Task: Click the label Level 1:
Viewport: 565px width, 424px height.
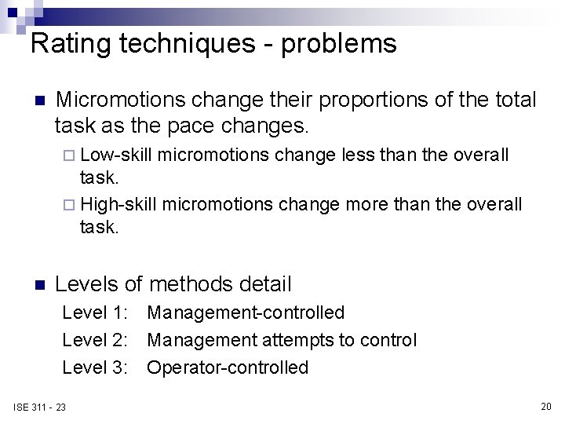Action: (95, 313)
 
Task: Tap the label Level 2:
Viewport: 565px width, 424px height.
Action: (95, 340)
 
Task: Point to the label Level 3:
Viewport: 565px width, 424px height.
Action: (95, 367)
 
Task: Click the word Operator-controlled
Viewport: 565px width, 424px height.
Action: (228, 367)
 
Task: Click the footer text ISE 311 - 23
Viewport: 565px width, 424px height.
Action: (39, 407)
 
